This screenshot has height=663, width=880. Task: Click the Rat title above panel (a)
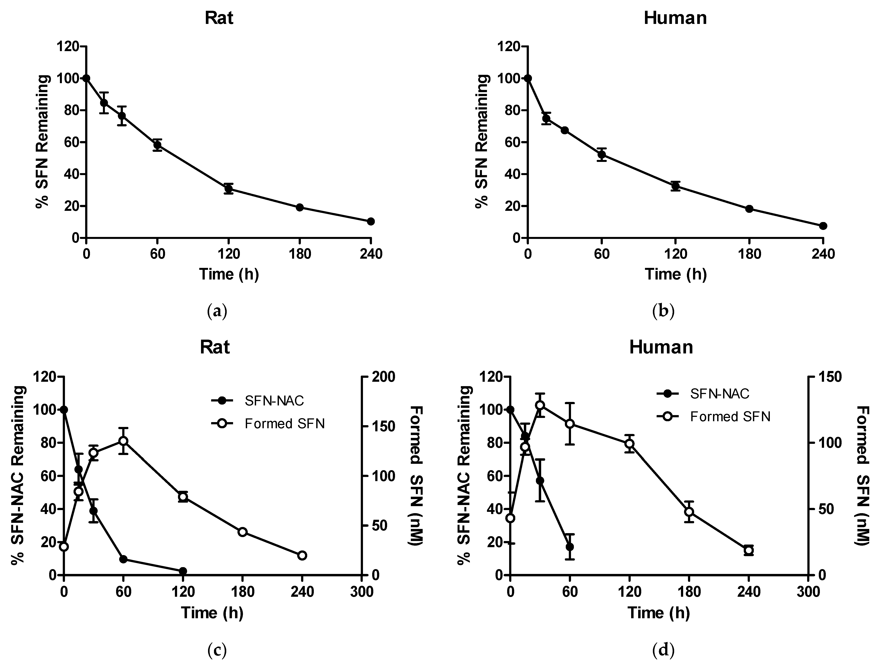coord(219,18)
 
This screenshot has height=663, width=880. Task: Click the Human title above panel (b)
coord(675,18)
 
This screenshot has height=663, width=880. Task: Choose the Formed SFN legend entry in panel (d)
coord(730,416)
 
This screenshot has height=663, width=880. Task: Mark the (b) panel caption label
coord(664,311)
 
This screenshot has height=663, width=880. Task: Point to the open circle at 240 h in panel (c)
coord(302,555)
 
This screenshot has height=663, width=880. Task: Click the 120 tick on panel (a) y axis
coord(68,47)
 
